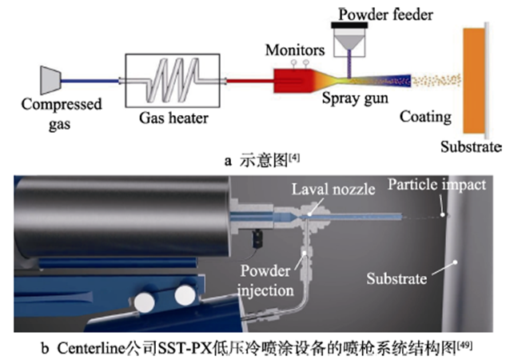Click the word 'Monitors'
point(296,50)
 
